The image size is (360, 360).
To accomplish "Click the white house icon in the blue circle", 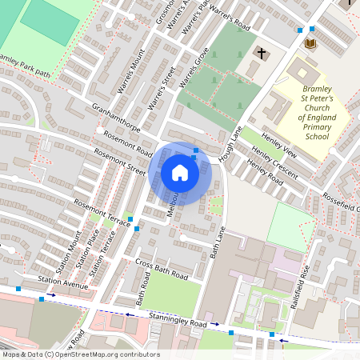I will coord(180,173).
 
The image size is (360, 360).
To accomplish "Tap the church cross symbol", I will coord(260,54).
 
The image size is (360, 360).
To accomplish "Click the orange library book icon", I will coord(310,42).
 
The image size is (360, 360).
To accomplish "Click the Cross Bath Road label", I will coord(162,269).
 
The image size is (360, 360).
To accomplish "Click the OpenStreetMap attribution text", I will coord(80,354).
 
